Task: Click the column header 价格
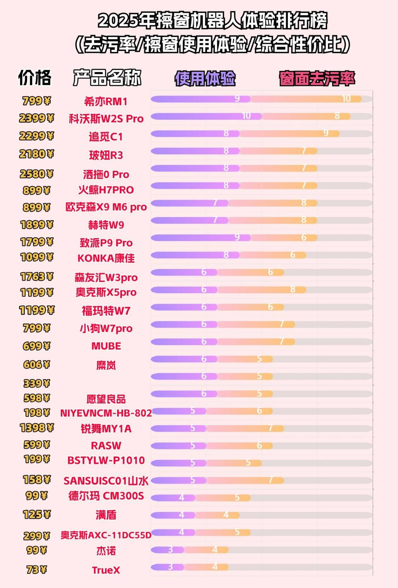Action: point(35,78)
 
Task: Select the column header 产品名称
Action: point(107,78)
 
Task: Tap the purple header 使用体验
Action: point(205,79)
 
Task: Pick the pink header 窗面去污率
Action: point(317,79)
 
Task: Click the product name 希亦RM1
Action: point(106,101)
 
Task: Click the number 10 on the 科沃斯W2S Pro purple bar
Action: point(246,116)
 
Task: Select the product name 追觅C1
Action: point(106,137)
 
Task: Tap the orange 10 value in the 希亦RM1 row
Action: point(346,98)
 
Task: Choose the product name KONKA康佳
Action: point(106,258)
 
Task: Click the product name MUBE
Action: point(106,346)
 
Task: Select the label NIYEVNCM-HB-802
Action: point(106,413)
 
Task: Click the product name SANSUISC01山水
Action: point(106,481)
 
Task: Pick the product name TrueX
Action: point(106,570)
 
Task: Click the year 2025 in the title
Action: point(118,21)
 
